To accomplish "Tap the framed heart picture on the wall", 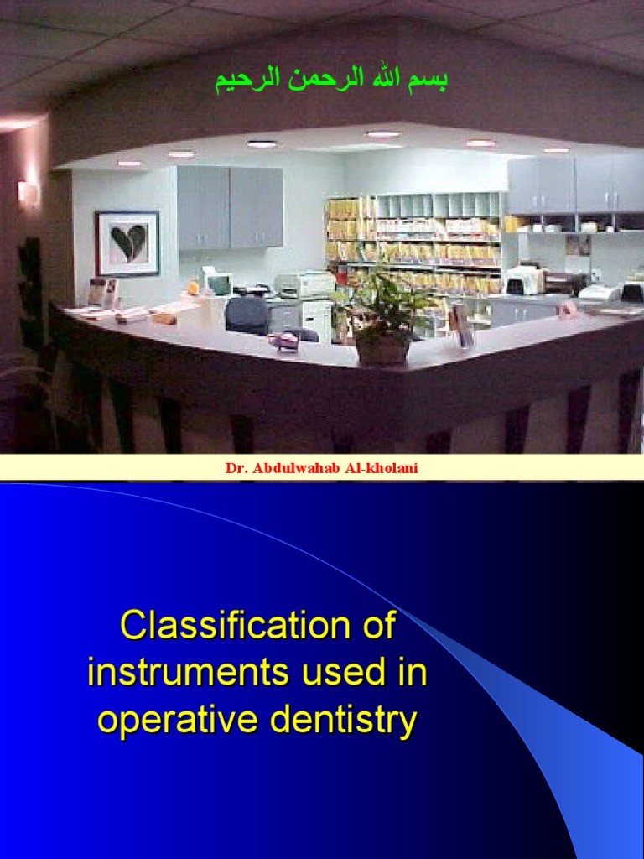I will (x=127, y=243).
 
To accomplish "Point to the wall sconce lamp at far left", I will (x=29, y=193).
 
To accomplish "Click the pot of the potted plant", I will (x=383, y=348).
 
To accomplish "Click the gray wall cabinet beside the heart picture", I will (x=229, y=207).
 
